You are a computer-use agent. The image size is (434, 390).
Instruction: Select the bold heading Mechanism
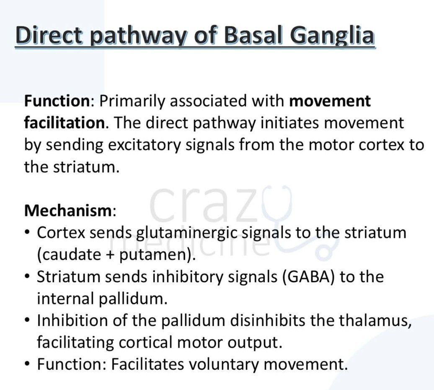[68, 211]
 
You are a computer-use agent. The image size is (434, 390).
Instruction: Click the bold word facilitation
[65, 123]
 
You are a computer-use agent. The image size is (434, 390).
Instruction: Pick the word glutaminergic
[187, 233]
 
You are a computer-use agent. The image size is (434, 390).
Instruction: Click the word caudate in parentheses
[69, 255]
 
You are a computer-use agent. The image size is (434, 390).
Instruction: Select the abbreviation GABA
[307, 276]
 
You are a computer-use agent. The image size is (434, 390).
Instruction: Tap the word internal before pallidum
[66, 299]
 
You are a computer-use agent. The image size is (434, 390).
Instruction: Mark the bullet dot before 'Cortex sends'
[27, 233]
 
